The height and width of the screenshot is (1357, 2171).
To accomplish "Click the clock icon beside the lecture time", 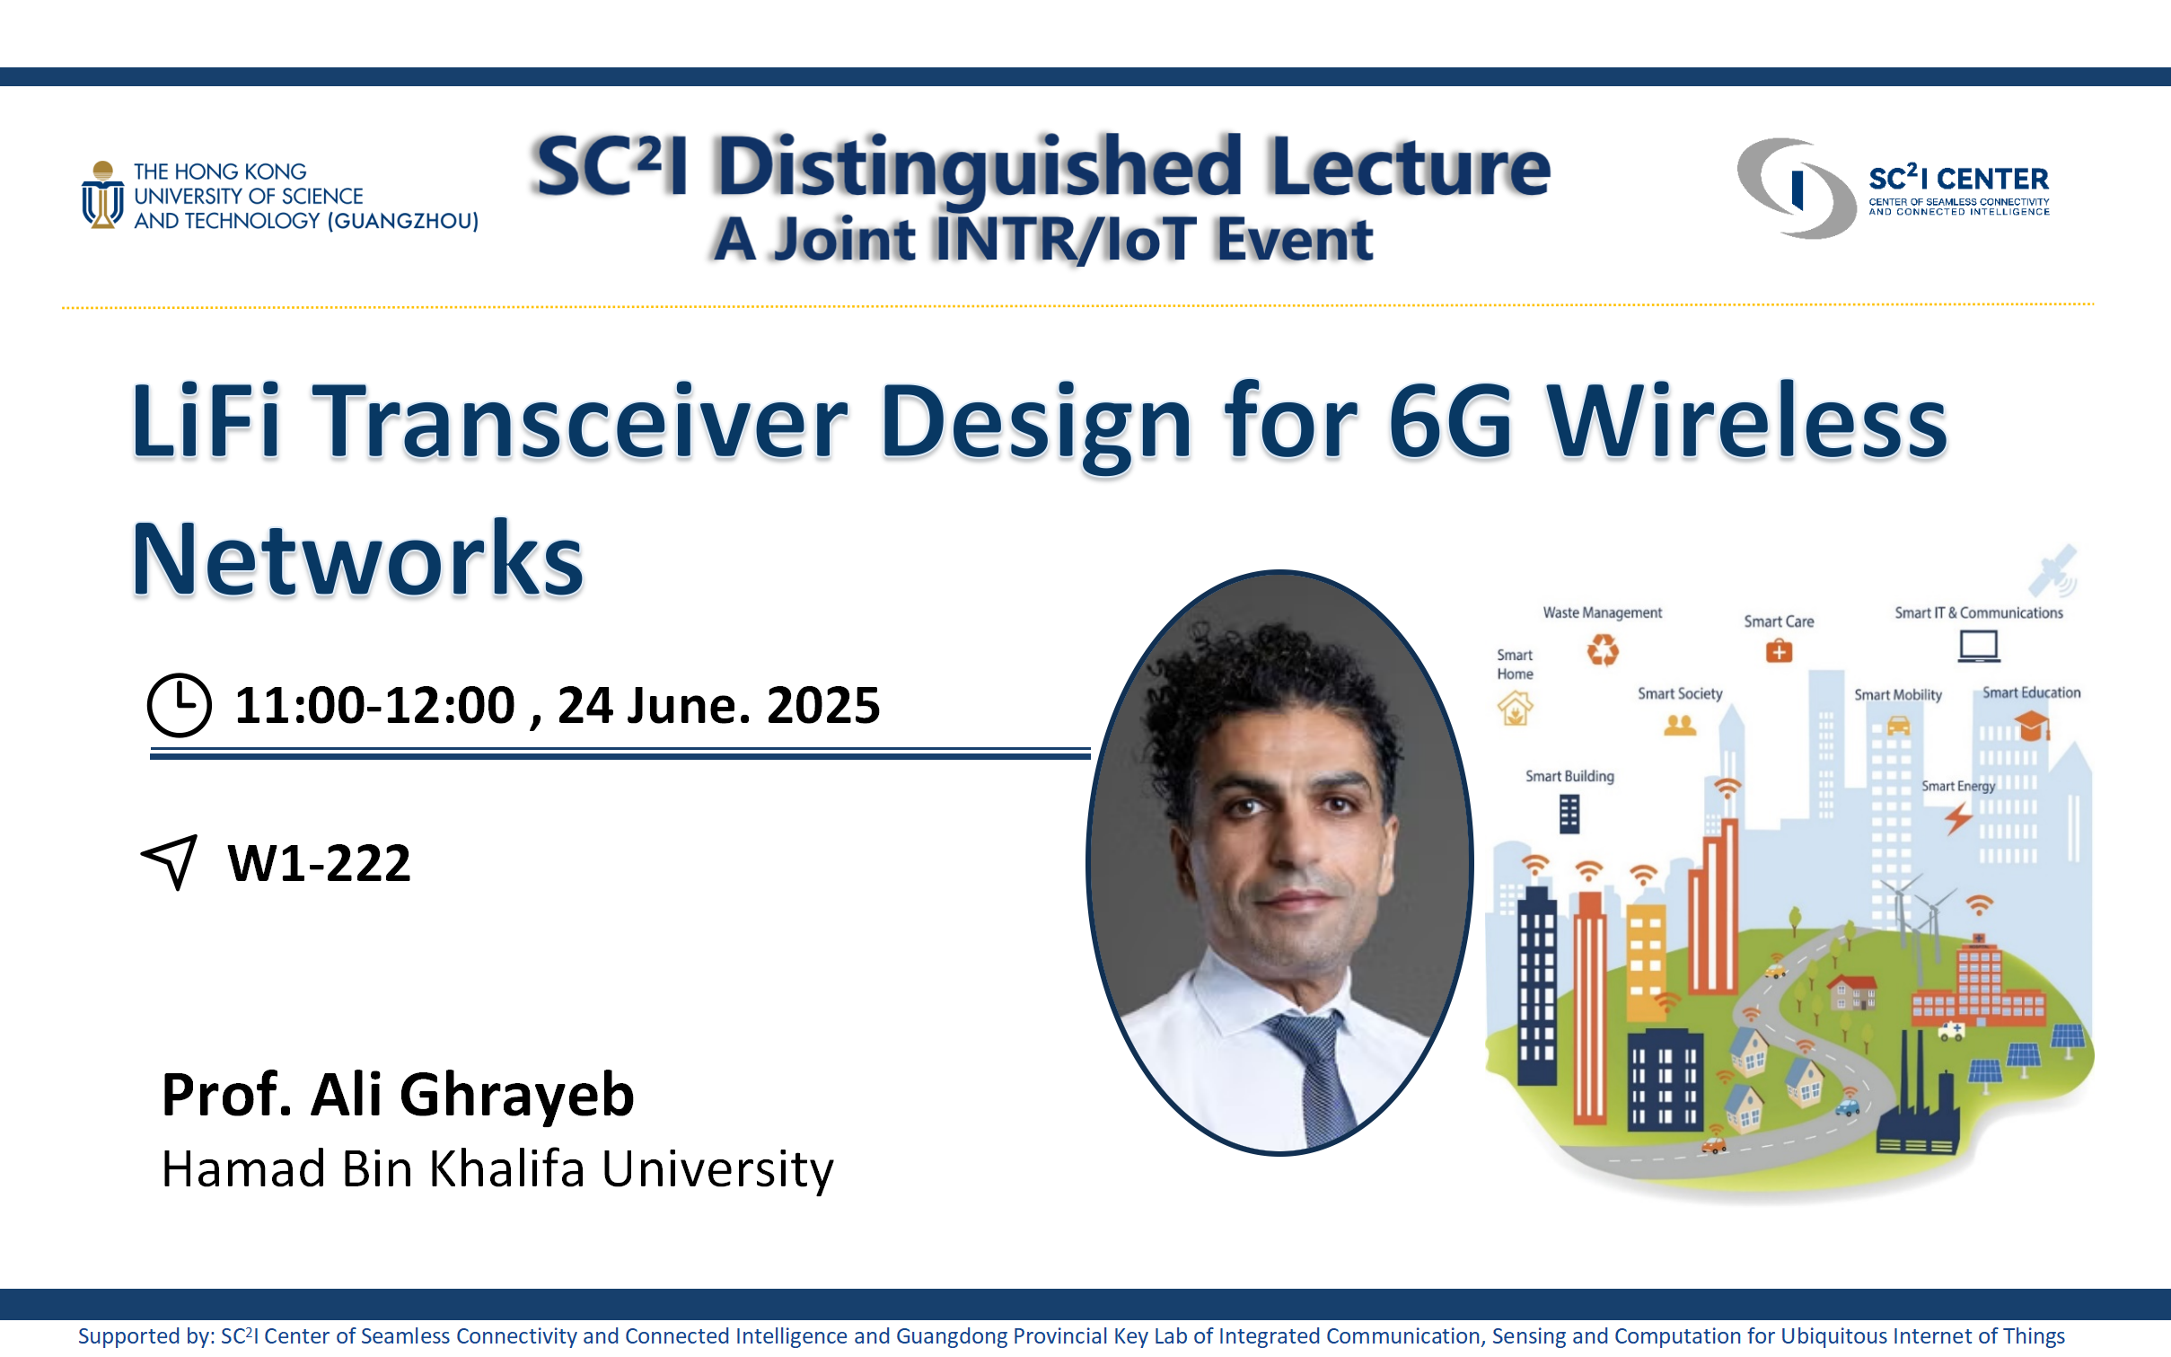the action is (x=180, y=705).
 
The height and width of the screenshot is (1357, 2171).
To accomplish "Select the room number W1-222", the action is (x=320, y=863).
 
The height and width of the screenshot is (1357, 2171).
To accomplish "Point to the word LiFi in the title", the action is (x=206, y=420).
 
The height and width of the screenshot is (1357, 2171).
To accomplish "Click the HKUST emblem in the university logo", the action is (x=103, y=195).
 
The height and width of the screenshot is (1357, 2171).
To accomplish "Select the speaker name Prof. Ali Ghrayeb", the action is (x=398, y=1095).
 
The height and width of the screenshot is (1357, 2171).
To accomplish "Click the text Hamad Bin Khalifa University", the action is (x=497, y=1169).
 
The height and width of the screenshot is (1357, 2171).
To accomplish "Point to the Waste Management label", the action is (x=1603, y=612).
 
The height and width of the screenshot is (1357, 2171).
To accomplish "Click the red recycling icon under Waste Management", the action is (x=1603, y=649).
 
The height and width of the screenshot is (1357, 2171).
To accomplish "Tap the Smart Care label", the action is (x=1779, y=621).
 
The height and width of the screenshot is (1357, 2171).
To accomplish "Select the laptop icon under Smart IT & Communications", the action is (x=1979, y=646).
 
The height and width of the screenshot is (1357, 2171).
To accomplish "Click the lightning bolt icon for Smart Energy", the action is (x=1958, y=818).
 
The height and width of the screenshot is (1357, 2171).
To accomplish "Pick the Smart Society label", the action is (x=1680, y=693).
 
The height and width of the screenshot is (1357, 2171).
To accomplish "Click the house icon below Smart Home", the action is (x=1516, y=708).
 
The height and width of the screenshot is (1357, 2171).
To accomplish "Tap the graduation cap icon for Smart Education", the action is (x=2032, y=724).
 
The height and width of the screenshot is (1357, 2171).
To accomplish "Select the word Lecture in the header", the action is (x=1411, y=167).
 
